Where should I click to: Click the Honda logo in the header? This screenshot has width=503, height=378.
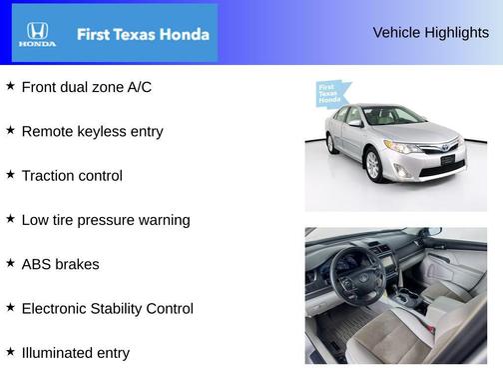coord(37,34)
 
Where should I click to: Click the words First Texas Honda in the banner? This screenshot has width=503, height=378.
coord(143,34)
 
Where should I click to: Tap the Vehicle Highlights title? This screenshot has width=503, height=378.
coord(430,33)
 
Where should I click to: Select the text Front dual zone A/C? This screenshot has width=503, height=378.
coord(86,87)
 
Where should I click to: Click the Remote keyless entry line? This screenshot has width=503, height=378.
coord(92,131)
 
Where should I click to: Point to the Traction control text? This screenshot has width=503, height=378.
coord(72,176)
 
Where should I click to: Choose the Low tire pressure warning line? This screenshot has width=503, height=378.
coord(105,220)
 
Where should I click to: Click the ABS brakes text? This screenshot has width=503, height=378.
coord(60,264)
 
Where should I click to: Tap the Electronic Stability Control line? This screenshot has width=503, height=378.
coord(107,308)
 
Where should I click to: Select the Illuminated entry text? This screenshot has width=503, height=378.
coord(75,352)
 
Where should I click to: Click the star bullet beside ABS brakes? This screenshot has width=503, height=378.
coord(10,262)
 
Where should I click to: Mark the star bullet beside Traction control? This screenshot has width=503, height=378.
coord(10,174)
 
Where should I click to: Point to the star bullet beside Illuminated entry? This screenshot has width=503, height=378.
coord(10,350)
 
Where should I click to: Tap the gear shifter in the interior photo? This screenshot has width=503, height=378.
coord(409,298)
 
